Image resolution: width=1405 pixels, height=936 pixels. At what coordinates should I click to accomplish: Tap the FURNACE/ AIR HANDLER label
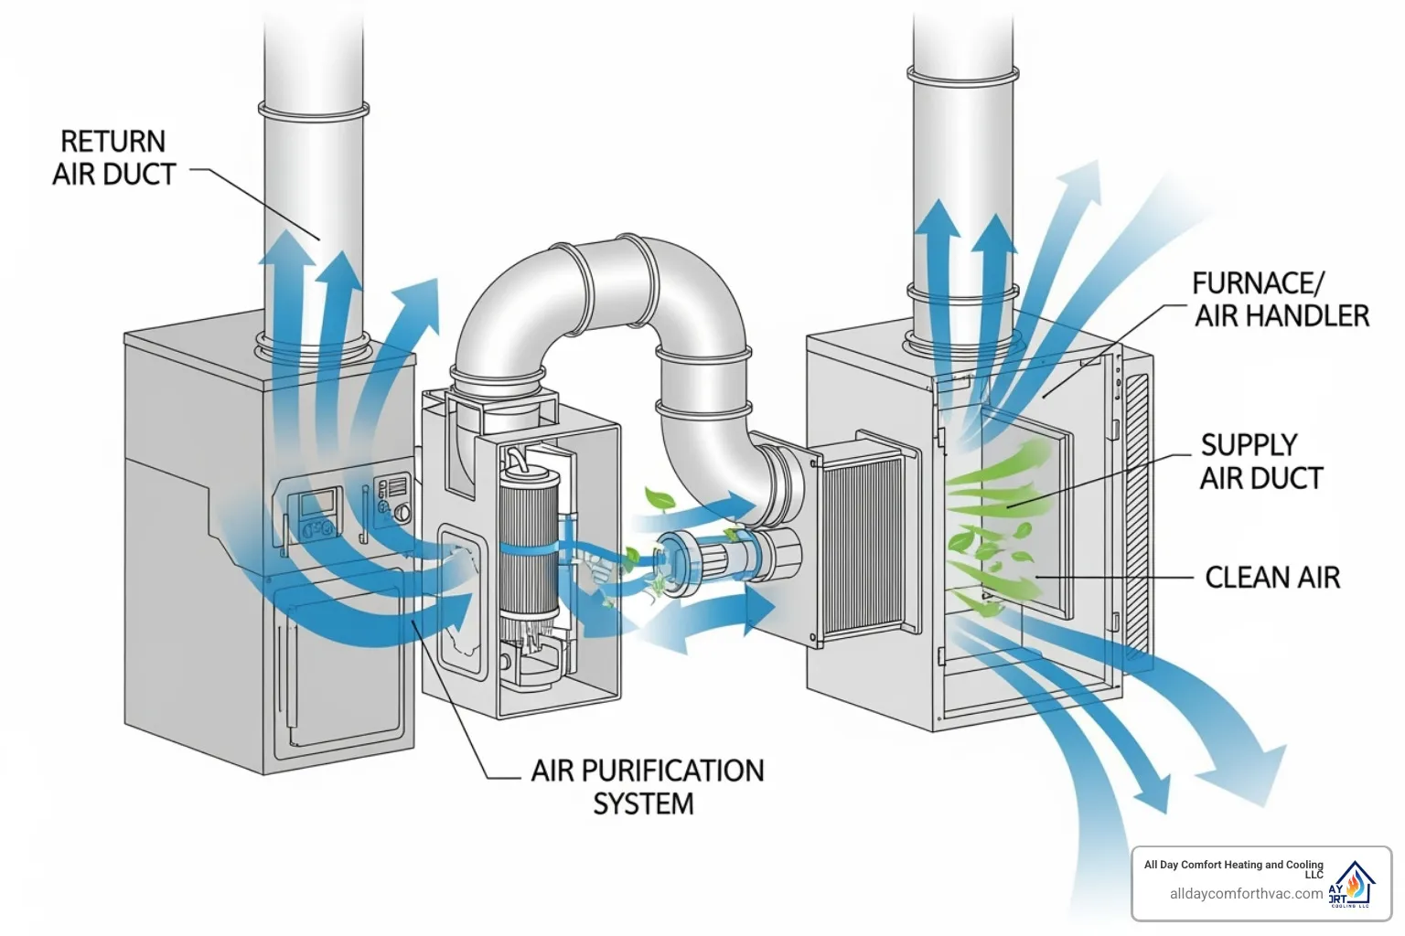coord(1281,300)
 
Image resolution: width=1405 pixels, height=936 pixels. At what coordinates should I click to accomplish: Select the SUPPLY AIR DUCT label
coord(1261,462)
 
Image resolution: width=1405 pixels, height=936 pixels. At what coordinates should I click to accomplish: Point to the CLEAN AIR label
coord(1271,578)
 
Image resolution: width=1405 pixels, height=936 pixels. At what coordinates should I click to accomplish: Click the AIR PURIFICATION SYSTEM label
coord(646,786)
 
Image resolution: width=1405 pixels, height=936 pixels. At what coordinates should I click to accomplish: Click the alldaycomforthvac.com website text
coord(1245,894)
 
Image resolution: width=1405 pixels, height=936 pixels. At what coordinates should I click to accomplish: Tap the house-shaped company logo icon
coord(1354,884)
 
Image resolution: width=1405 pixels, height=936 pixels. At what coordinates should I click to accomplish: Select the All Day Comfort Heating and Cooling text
coord(1233,865)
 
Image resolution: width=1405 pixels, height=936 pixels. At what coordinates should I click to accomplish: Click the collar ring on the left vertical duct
coord(313,110)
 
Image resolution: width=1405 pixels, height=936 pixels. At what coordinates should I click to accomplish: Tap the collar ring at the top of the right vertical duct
coord(962,73)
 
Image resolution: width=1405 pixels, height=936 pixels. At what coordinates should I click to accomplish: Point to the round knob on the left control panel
coord(401,514)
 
